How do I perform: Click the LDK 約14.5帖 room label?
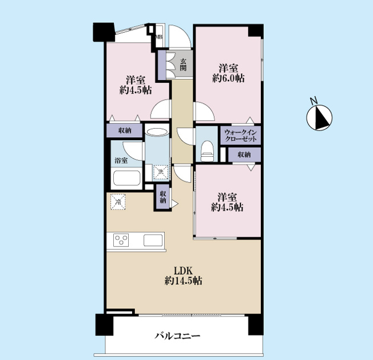[184, 276]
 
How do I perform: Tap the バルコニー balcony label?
[177, 336]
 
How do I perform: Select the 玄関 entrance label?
[182, 65]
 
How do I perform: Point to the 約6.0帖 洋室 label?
[228, 73]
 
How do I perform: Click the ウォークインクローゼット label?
[240, 135]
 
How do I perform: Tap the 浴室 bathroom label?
[121, 160]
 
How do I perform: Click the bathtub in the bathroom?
[126, 178]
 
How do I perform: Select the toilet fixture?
[208, 151]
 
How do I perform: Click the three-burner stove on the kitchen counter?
[121, 240]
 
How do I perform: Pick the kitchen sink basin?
[153, 240]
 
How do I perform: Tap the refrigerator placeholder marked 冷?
[118, 202]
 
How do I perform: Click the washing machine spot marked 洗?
[161, 172]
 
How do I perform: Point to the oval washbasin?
[157, 132]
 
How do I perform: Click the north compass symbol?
[319, 117]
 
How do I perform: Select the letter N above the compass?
[314, 100]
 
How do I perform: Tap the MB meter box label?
[159, 37]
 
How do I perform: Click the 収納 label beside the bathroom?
[125, 130]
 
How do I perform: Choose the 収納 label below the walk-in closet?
[244, 155]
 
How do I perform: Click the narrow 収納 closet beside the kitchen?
[163, 197]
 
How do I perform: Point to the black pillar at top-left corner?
[104, 32]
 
